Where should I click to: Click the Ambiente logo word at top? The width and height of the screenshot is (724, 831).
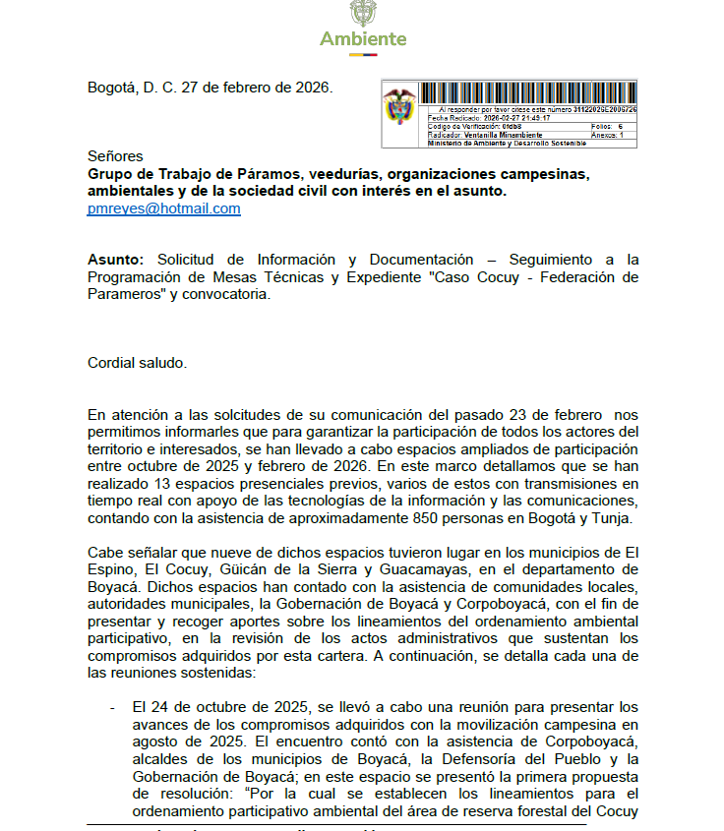click(x=362, y=39)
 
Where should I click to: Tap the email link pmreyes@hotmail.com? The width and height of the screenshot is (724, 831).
click(x=163, y=208)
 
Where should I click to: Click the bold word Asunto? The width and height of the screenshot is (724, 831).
click(x=115, y=260)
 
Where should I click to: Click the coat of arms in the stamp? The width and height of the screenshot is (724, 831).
click(x=399, y=107)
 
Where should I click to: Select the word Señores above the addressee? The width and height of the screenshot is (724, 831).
click(x=115, y=155)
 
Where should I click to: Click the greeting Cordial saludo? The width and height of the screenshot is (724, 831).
click(x=137, y=363)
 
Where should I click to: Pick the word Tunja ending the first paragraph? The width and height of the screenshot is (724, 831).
click(x=611, y=519)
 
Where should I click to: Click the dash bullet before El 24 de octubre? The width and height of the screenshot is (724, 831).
click(x=112, y=706)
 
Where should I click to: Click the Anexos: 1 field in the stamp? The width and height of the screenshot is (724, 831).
click(x=607, y=135)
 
